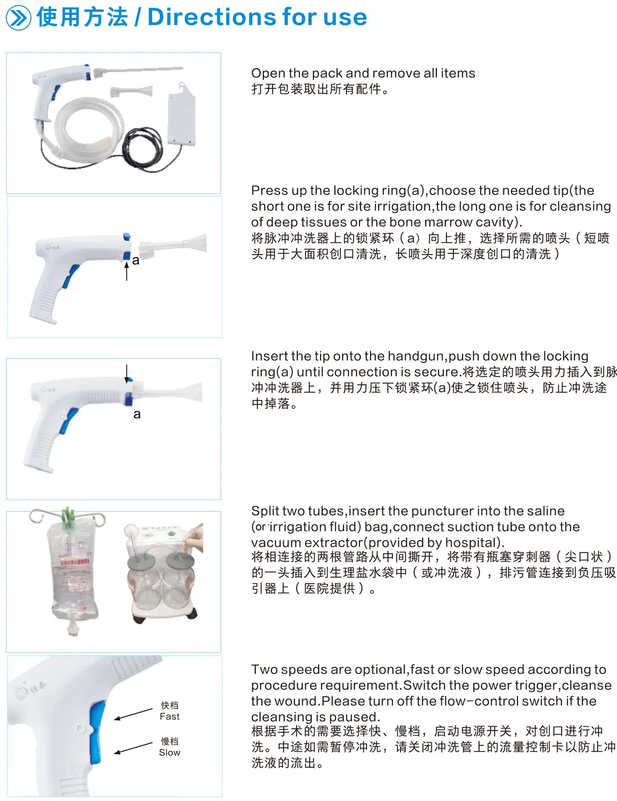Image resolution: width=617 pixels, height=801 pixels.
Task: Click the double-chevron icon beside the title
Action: point(18,18)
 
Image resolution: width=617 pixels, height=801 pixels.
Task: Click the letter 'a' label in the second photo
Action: point(136,261)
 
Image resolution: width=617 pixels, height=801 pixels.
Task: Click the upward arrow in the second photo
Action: point(127,271)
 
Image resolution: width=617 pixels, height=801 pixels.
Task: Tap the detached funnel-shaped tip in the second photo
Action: point(175,245)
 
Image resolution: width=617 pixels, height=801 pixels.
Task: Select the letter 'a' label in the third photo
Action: point(137,414)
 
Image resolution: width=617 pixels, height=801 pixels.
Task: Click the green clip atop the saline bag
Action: point(69,516)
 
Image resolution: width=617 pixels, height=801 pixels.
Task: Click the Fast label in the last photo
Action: point(170,716)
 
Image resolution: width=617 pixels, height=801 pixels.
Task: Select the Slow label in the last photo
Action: point(170,753)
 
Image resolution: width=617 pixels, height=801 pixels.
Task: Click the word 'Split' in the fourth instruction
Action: point(265,511)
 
